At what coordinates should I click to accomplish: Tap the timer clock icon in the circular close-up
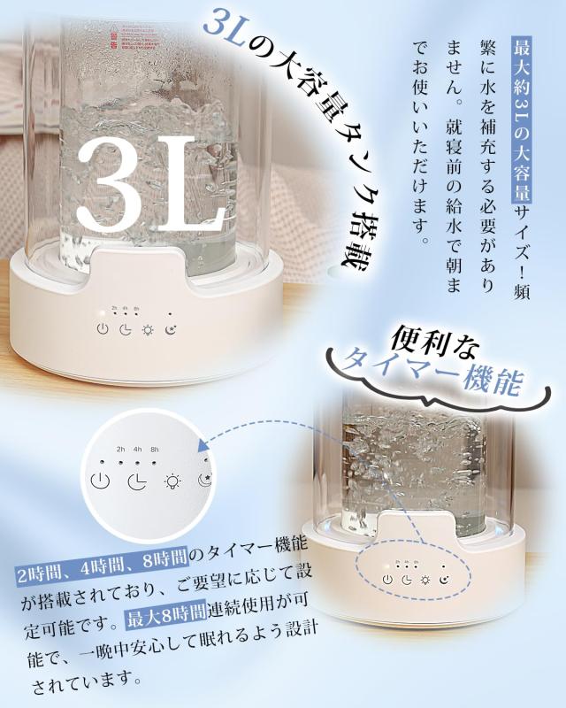point(136,483)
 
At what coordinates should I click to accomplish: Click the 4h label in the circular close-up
point(137,450)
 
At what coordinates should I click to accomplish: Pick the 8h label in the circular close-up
point(155,450)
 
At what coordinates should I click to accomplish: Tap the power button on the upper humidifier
point(103,330)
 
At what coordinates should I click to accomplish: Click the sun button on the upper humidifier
point(148,330)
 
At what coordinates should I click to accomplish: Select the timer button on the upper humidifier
point(125,330)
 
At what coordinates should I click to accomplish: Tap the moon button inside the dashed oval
point(444,580)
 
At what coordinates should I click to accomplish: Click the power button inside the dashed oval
point(387,580)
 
